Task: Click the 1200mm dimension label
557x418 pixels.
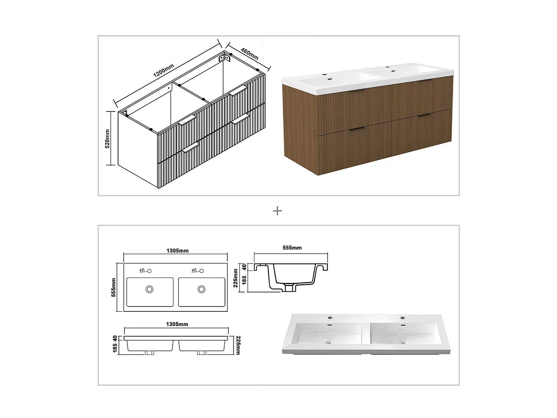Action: coord(164,71)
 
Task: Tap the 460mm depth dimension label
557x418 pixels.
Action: coord(249,54)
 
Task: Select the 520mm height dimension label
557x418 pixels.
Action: coord(107,139)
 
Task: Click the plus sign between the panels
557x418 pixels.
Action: coord(277,211)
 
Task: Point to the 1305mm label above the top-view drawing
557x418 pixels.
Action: coord(177,251)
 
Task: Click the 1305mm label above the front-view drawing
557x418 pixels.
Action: coord(177,324)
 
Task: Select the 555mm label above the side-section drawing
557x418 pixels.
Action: coord(292,248)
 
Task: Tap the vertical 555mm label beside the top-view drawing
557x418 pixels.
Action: coord(114,287)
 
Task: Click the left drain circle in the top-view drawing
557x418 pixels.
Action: coord(150,289)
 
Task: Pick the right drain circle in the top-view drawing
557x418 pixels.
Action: coord(202,289)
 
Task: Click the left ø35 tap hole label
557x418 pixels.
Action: coord(142,270)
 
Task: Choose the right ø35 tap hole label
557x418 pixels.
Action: coord(194,270)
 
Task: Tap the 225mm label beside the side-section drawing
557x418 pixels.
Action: coord(236,278)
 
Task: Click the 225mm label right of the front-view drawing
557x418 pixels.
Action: coord(238,345)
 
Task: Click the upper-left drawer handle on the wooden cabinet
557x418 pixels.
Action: coord(357,90)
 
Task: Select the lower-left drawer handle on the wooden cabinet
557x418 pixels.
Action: coord(357,129)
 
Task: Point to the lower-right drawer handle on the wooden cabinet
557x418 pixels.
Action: coord(424,116)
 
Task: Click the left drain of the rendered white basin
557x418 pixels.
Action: coord(328,342)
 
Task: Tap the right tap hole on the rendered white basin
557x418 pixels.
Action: coord(403,318)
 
